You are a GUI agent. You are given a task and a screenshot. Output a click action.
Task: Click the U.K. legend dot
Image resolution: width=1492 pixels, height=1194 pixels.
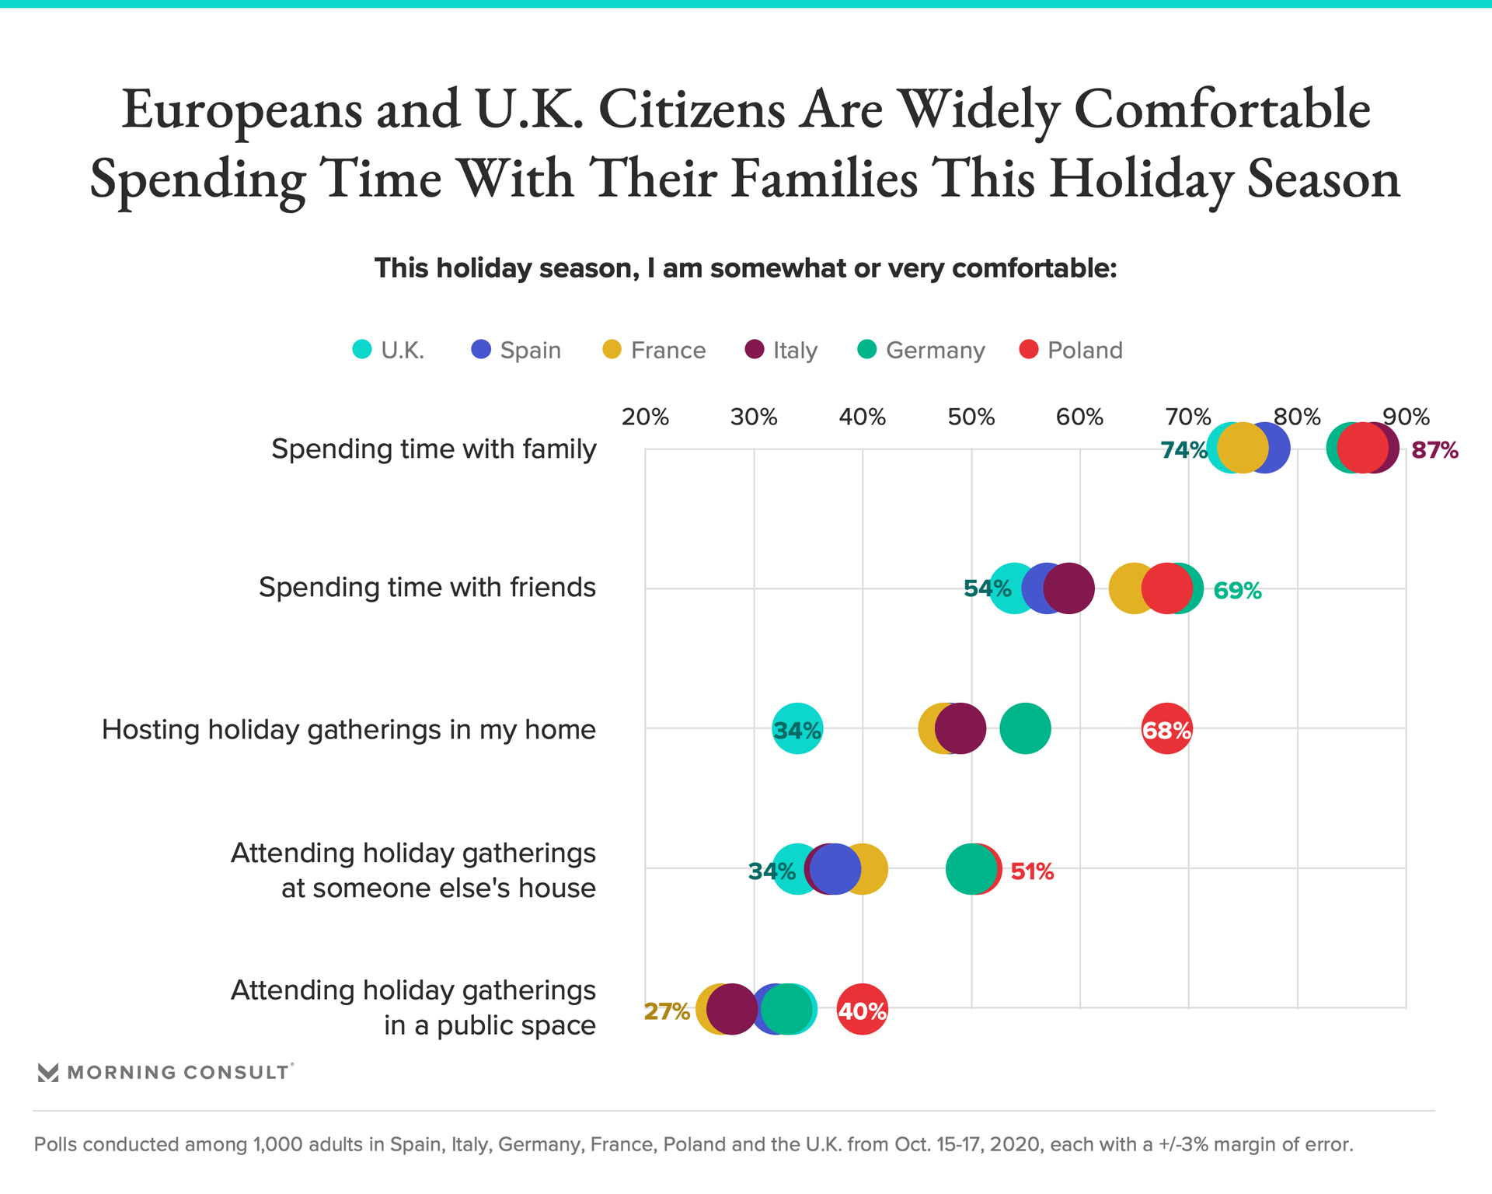[x=362, y=350]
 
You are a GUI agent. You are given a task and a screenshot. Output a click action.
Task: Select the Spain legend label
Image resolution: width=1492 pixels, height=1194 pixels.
[x=530, y=351]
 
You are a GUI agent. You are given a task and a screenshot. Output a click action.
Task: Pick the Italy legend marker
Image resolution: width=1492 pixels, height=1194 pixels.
[x=755, y=350]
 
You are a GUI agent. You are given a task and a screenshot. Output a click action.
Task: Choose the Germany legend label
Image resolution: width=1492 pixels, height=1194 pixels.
[x=935, y=351]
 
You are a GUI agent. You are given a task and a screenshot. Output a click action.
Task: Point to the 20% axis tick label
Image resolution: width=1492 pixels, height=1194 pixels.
[x=645, y=417]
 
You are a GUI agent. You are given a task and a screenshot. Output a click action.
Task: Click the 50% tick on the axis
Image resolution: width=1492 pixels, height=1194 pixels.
[x=971, y=417]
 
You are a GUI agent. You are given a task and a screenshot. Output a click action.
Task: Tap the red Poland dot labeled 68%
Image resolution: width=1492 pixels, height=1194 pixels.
[x=1166, y=729]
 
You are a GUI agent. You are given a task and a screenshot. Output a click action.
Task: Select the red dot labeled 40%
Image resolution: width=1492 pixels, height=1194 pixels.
[x=862, y=1010]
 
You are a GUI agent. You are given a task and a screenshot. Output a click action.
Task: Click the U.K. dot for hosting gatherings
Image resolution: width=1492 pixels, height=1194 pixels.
[x=797, y=729]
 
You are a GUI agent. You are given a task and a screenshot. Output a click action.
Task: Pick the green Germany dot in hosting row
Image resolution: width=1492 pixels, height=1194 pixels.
[x=1025, y=729]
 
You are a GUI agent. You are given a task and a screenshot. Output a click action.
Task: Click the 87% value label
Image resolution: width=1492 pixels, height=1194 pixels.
[x=1434, y=450]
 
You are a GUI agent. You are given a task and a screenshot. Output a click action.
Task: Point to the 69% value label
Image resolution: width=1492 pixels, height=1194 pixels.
[x=1237, y=591]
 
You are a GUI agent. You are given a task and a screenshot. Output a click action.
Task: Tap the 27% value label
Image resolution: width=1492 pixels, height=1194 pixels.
[x=667, y=1011]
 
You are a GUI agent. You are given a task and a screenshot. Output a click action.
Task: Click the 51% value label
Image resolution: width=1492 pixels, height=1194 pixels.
[x=1032, y=871]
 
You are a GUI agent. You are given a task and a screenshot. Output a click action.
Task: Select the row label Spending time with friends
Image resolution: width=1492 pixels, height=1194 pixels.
[x=427, y=587]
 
